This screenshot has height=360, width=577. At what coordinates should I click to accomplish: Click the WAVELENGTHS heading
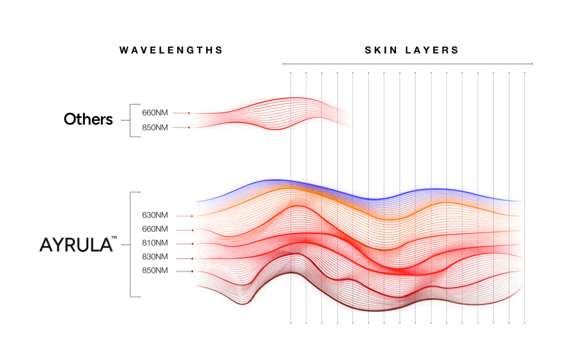[171, 50]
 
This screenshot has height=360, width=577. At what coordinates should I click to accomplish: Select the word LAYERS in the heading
[433, 50]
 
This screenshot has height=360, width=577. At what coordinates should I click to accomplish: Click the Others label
[88, 119]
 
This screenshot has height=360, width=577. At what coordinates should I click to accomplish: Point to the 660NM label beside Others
[155, 112]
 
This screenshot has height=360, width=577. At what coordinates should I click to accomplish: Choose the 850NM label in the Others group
[155, 127]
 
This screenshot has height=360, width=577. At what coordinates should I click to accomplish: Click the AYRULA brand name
[76, 245]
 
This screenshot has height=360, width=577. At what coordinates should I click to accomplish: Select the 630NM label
[155, 216]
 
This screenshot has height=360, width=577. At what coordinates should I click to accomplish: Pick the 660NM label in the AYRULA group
[155, 230]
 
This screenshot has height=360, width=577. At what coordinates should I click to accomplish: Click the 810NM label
[155, 243]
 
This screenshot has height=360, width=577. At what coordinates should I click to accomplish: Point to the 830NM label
[155, 257]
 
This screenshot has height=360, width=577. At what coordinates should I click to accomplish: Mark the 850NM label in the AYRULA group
[155, 271]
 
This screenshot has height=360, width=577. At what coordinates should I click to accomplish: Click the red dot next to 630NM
[192, 216]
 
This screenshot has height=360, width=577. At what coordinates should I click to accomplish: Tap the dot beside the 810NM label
[192, 244]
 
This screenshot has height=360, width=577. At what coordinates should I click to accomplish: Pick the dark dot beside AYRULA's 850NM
[192, 271]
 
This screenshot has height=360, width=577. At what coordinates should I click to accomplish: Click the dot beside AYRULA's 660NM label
[192, 230]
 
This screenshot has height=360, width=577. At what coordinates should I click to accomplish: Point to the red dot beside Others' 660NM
[189, 113]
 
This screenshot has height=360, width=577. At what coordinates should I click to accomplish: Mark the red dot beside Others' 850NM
[189, 127]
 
